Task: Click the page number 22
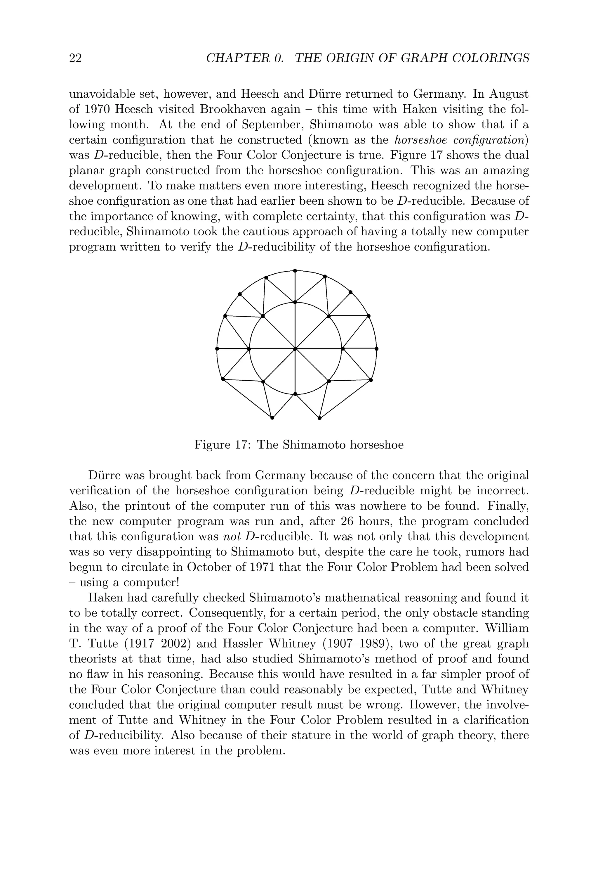pos(75,58)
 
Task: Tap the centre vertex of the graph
pos(295,349)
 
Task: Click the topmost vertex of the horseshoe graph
pos(295,270)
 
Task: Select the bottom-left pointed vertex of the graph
pos(272,417)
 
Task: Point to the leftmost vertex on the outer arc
pos(217,349)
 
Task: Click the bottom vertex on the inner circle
pos(295,394)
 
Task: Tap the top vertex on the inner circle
pos(295,302)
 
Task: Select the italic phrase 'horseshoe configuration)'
pos(461,140)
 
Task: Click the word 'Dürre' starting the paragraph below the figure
pos(104,476)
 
